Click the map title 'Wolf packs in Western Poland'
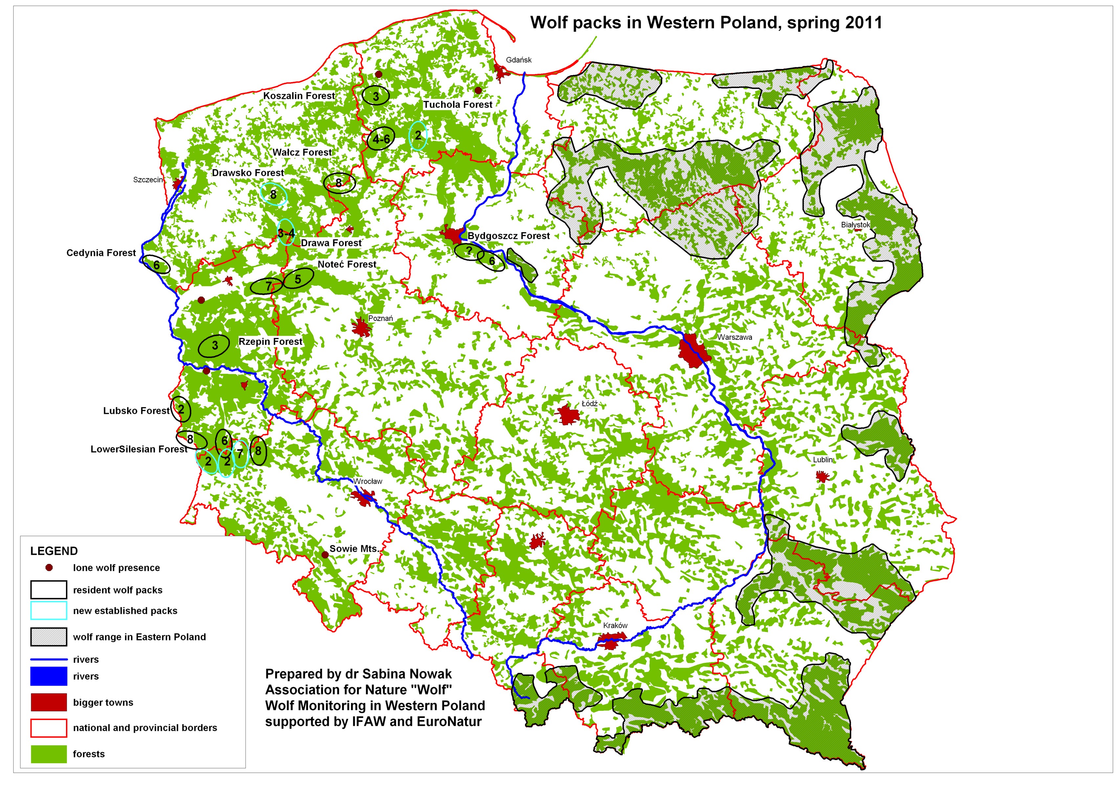tap(706, 23)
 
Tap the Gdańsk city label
tap(518, 60)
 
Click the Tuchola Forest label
tap(457, 105)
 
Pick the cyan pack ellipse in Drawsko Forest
tap(273, 194)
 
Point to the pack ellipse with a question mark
tap(469, 251)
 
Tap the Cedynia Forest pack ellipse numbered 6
tap(156, 265)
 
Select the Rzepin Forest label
tap(270, 342)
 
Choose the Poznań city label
tap(381, 318)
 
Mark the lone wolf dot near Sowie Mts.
tap(325, 555)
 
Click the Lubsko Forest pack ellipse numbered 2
tap(181, 409)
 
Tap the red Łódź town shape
tap(568, 414)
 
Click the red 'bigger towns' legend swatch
tap(49, 702)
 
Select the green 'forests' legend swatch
tap(49, 754)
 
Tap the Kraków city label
tap(615, 625)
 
